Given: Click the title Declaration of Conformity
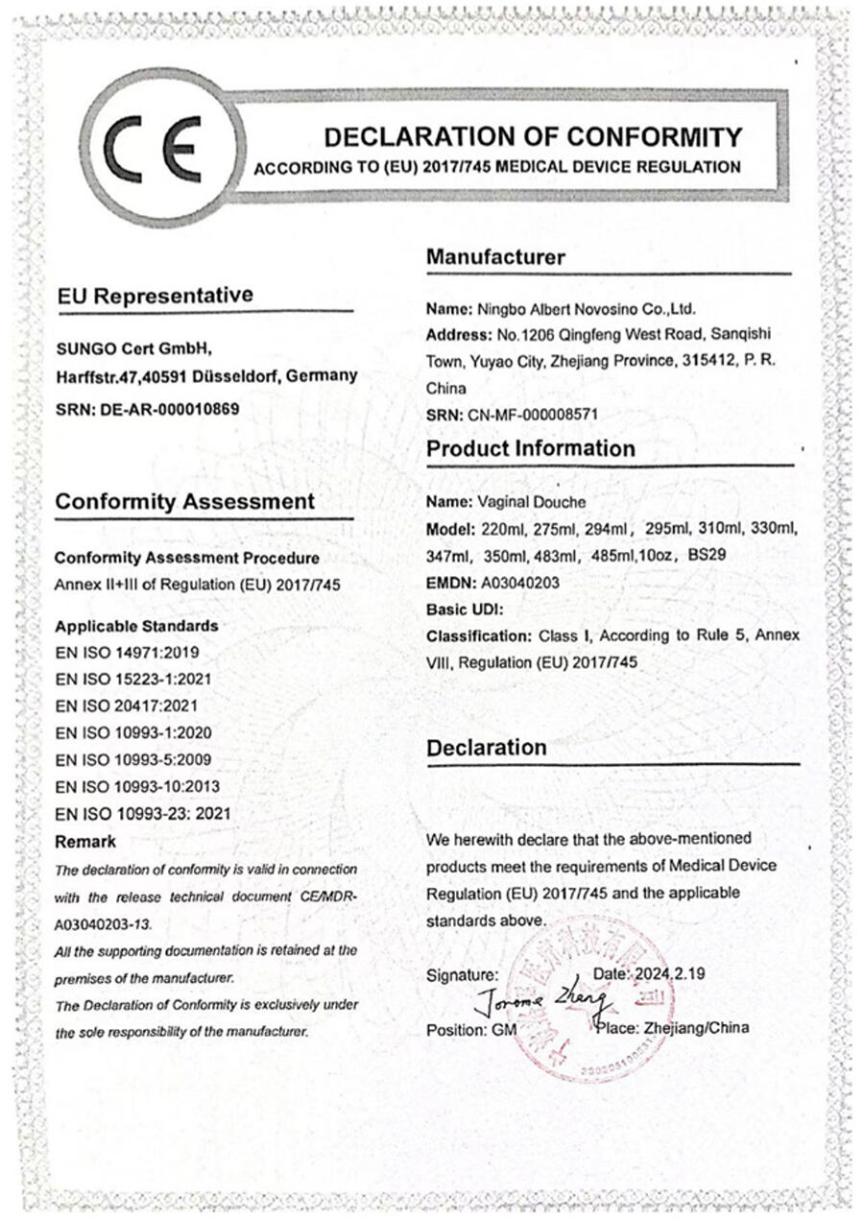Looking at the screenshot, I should [533, 136].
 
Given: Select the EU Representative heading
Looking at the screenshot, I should [155, 296].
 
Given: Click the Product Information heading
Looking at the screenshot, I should [530, 449].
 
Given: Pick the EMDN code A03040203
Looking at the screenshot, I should [517, 582].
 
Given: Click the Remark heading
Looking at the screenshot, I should [85, 842].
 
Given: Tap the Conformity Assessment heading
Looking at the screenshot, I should [184, 502].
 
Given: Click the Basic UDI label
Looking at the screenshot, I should [465, 609].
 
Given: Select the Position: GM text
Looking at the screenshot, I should [470, 1029].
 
